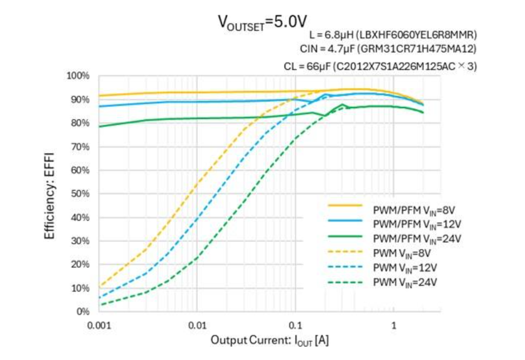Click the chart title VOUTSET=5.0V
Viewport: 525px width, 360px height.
click(262, 22)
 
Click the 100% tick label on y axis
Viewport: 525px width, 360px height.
click(78, 76)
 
